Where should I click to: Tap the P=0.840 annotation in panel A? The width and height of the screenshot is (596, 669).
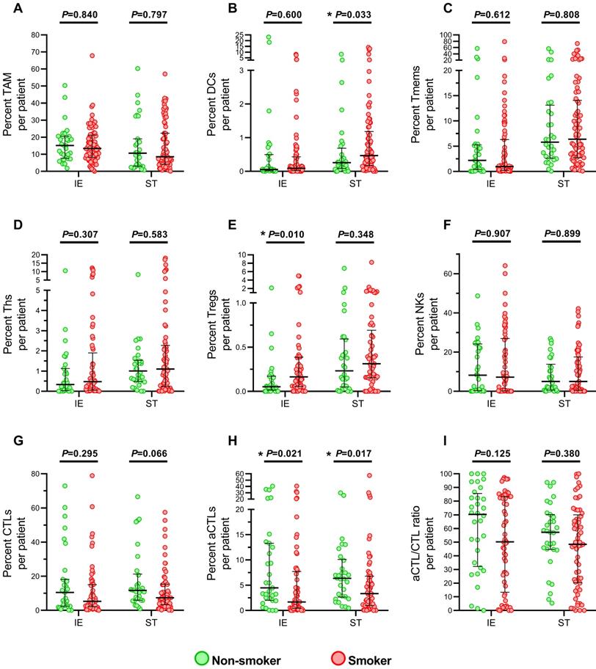pyautogui.click(x=79, y=15)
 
